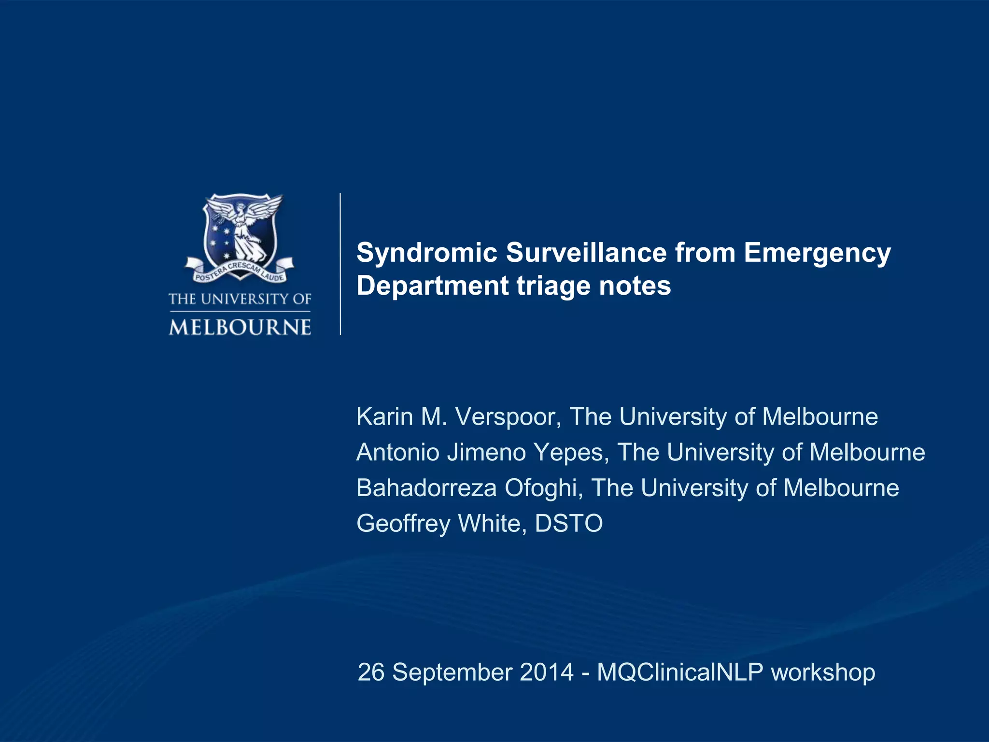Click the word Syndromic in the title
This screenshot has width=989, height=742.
pos(427,253)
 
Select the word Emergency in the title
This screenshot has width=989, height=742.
pos(817,253)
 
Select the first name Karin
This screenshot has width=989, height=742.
pos(384,416)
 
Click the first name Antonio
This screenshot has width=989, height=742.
pos(398,453)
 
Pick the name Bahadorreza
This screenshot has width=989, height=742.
pos(426,488)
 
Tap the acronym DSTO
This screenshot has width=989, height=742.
pos(569,524)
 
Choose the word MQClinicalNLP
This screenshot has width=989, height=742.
pos(680,672)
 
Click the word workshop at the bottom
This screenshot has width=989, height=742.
pos(823,672)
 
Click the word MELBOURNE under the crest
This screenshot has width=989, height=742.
pos(240,328)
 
